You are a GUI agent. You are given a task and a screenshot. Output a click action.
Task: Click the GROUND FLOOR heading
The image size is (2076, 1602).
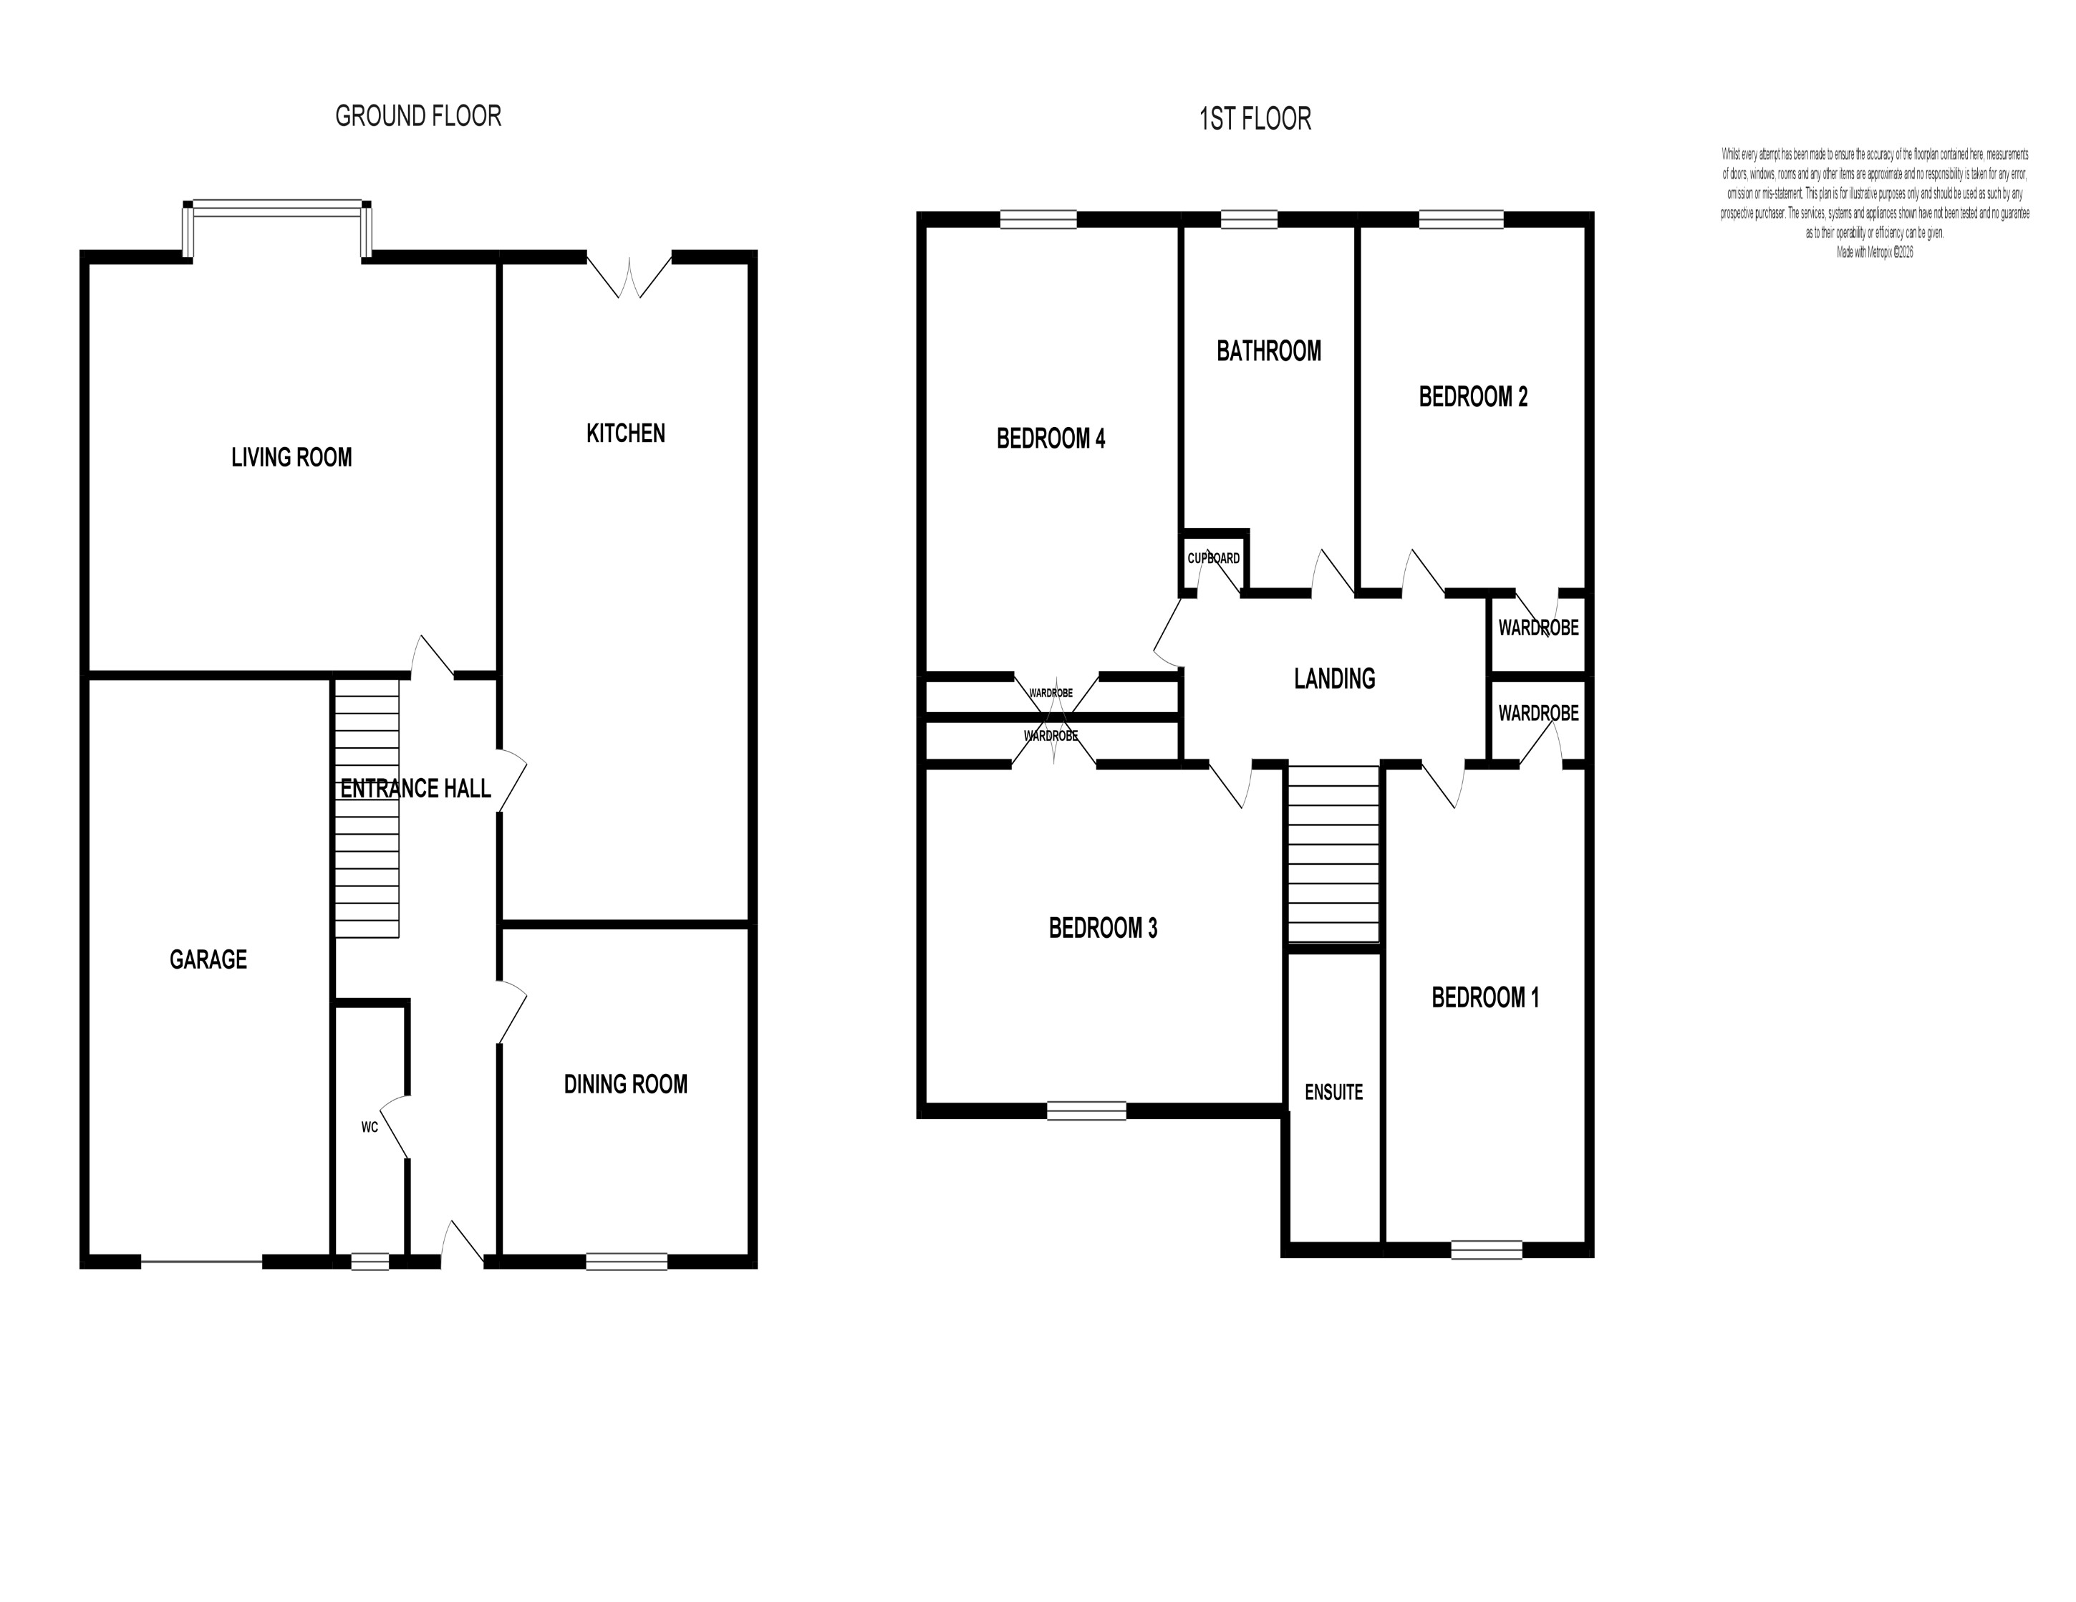tap(418, 116)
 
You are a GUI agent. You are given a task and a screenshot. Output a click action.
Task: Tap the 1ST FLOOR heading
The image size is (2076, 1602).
tap(1255, 119)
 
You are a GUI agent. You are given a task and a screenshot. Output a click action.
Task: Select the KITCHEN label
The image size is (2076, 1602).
tap(625, 433)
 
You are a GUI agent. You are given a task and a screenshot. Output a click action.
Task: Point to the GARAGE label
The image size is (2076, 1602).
tap(208, 959)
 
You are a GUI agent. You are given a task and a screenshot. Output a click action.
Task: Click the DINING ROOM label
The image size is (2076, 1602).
tap(625, 1084)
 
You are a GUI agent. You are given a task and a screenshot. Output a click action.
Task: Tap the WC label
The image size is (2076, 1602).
tap(370, 1128)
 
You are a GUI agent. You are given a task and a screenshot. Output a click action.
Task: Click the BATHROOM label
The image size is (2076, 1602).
tap(1268, 351)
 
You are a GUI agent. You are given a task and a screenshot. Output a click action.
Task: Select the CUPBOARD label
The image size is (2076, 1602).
tap(1213, 558)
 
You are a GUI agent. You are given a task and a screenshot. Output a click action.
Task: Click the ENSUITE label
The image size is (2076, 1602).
tap(1333, 1093)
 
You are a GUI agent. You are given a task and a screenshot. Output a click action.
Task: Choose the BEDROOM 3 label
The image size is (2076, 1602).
tap(1103, 928)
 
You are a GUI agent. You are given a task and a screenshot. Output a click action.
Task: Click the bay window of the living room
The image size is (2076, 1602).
tap(276, 207)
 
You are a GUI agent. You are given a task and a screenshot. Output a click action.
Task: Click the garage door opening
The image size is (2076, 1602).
tap(201, 1262)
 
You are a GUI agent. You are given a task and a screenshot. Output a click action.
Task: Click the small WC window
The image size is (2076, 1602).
tap(370, 1262)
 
